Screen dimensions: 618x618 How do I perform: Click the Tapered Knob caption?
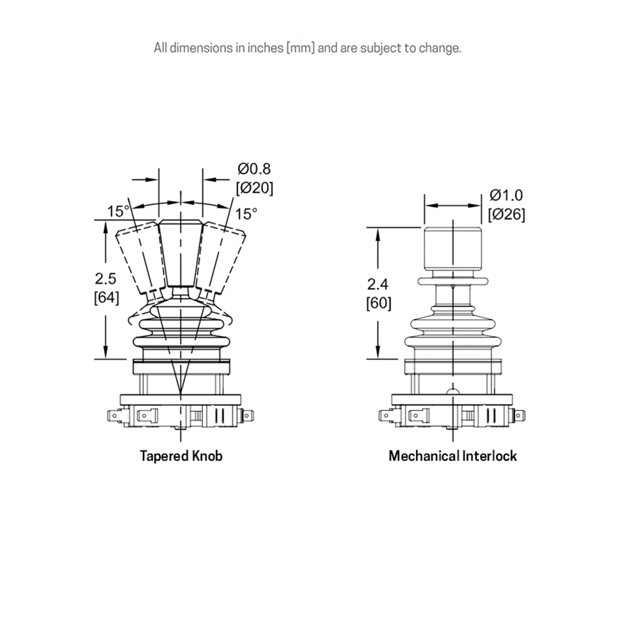180,457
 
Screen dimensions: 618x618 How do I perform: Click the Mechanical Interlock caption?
452,457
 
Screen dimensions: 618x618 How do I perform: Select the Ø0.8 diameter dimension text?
254,169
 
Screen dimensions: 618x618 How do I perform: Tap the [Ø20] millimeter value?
254,187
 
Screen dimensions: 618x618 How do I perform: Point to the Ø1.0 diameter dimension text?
506,195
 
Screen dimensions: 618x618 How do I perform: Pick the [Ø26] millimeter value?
506,214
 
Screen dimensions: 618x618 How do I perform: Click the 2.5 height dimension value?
106,279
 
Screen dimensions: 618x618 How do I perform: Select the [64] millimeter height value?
106,297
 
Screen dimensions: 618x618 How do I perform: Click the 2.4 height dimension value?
378,285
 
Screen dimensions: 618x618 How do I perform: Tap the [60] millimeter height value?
378,303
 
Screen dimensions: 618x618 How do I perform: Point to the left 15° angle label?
118,211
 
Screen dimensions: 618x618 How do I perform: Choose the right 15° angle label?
245,214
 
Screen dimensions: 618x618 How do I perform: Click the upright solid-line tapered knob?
180,253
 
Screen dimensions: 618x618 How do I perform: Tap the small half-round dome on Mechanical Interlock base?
452,392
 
